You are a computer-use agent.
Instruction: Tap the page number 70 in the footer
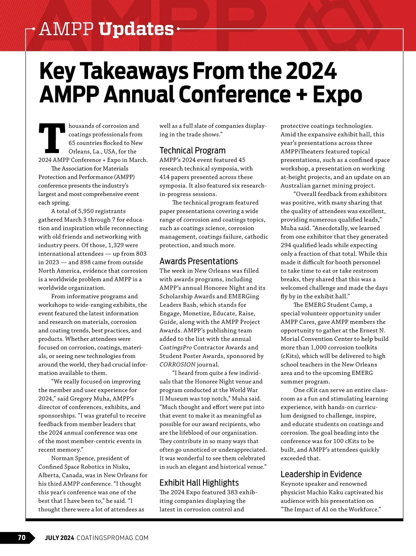point(21,538)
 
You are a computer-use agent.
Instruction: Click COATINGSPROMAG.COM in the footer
point(112,538)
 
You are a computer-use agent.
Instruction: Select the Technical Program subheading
point(192,150)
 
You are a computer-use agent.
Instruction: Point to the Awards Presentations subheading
point(199,261)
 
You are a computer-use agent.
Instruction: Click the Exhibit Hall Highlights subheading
point(199,483)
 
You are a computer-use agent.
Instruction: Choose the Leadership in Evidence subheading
point(321,474)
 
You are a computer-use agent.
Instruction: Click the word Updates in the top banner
point(136,29)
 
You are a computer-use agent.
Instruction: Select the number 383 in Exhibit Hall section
point(232,492)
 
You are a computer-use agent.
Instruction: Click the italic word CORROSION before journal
point(177,365)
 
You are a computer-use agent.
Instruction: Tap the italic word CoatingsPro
point(175,347)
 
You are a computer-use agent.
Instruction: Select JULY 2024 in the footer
point(59,538)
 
